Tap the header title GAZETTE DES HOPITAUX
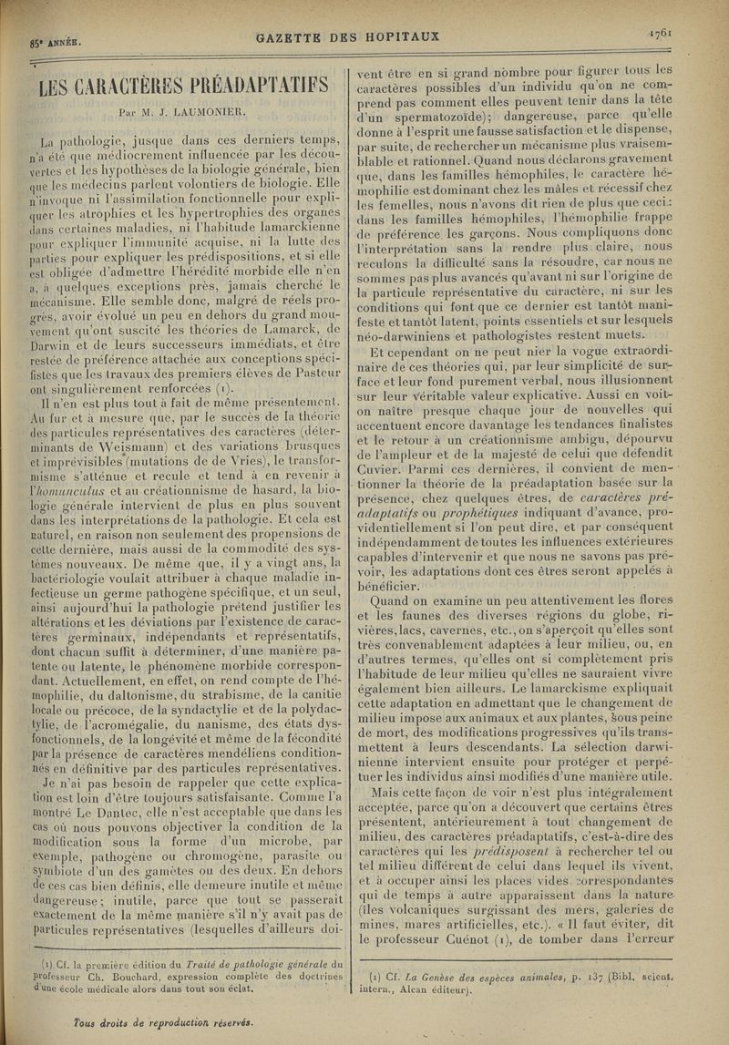tap(349, 37)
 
